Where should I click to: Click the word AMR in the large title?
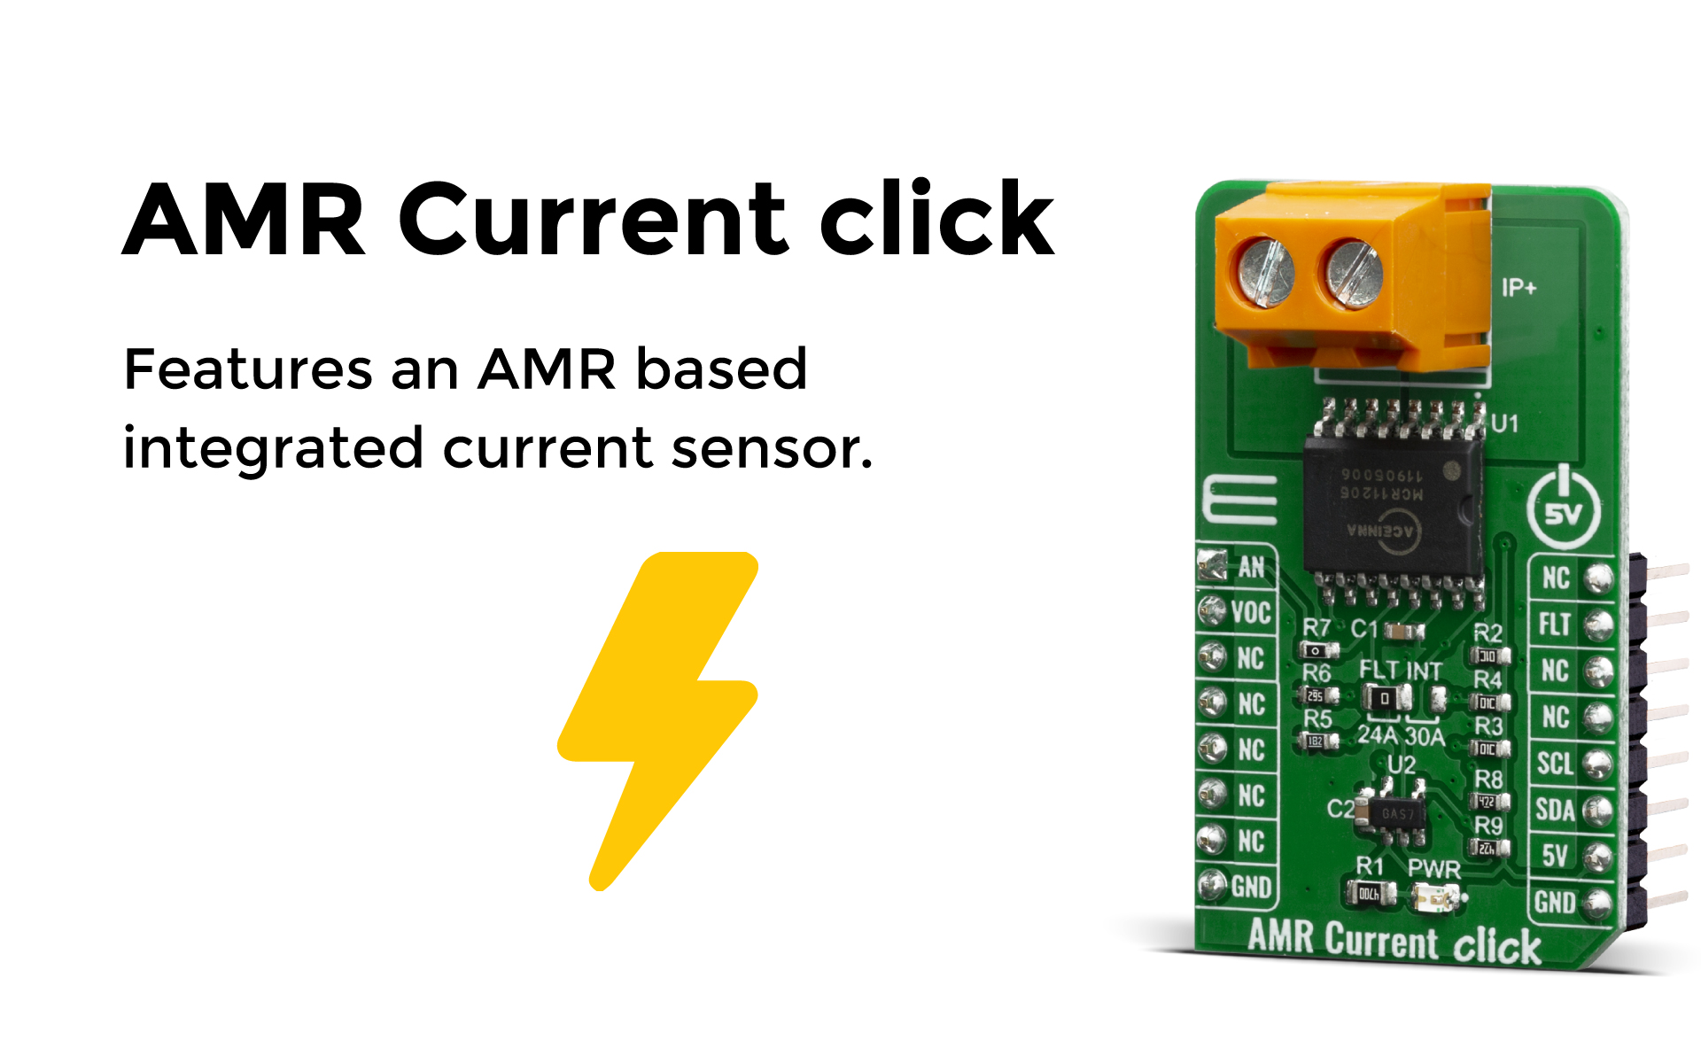[x=244, y=219]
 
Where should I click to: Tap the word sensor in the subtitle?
[x=771, y=447]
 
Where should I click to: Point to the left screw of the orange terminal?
[x=1265, y=272]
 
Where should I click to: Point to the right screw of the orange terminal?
[x=1353, y=274]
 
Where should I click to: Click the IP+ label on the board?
[x=1518, y=287]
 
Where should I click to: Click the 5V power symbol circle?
[x=1564, y=508]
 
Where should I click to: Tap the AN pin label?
[x=1251, y=567]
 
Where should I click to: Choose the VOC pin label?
[x=1250, y=612]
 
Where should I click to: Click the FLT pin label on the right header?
[x=1555, y=625]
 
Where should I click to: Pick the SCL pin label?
[x=1555, y=764]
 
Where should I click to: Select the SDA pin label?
[x=1555, y=810]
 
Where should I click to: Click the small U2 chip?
[x=1397, y=812]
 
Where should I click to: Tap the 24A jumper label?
[x=1377, y=735]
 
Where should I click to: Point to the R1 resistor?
[x=1370, y=893]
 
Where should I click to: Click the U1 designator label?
[x=1504, y=423]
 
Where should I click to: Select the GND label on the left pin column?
[x=1251, y=887]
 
